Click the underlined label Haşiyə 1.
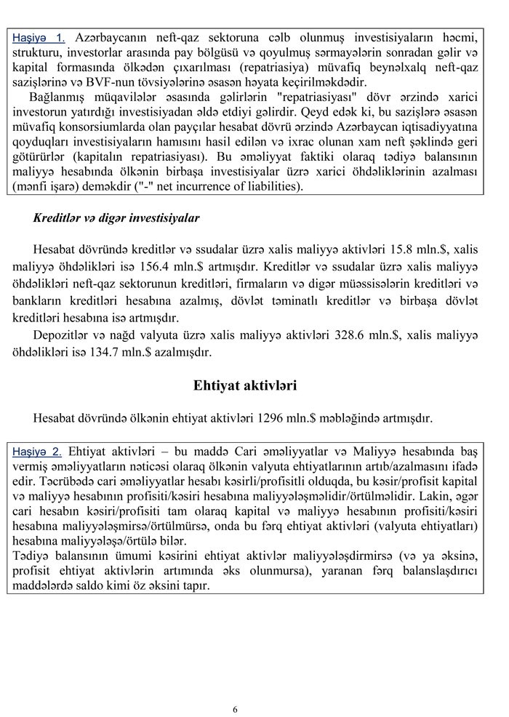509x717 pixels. click(x=39, y=36)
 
